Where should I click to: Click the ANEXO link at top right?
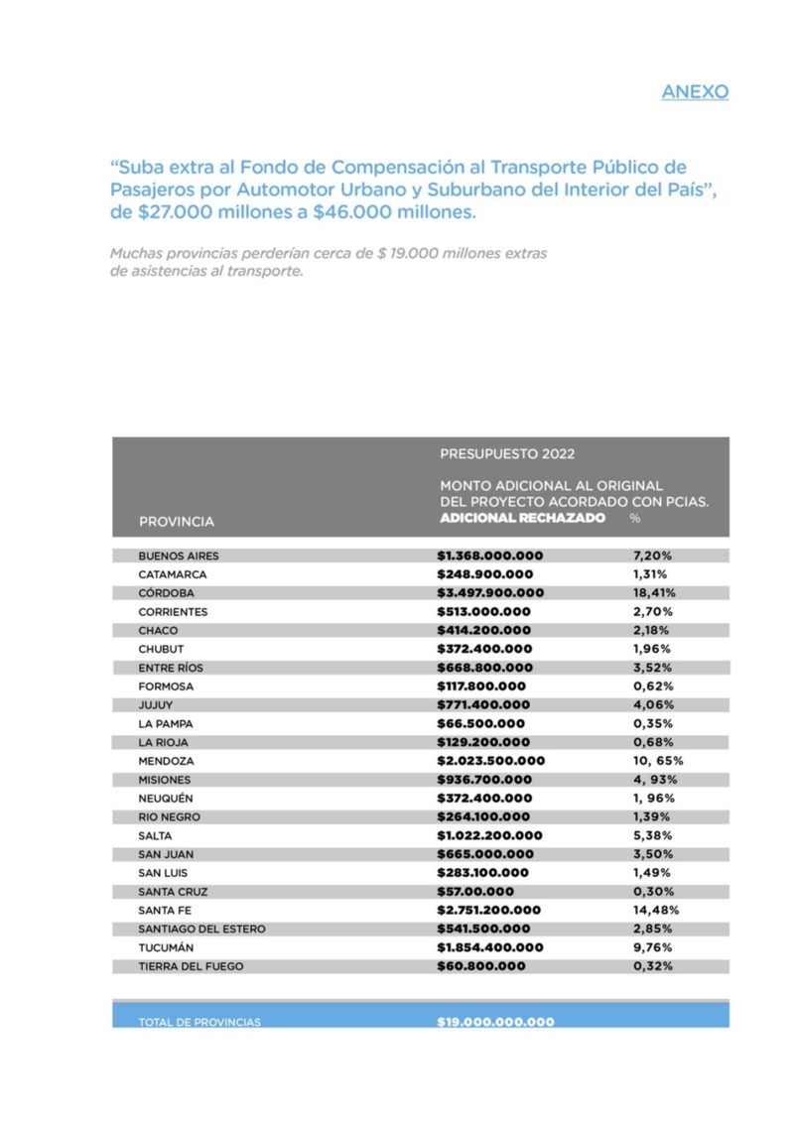coord(695,92)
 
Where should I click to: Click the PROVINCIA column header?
coord(176,521)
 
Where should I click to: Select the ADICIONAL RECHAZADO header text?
coord(522,518)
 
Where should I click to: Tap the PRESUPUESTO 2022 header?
coord(507,454)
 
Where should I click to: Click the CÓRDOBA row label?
coord(167,593)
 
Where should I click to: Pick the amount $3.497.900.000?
coord(490,593)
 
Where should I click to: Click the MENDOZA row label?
coord(166,761)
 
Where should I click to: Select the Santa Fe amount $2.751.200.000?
coord(489,910)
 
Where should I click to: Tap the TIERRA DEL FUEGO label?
coord(191,965)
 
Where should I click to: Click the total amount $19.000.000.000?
coord(495,1022)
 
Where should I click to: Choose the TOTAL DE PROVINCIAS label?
coord(199,1022)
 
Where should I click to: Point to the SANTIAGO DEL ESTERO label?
coord(201,929)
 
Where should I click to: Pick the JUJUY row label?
coord(156,704)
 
